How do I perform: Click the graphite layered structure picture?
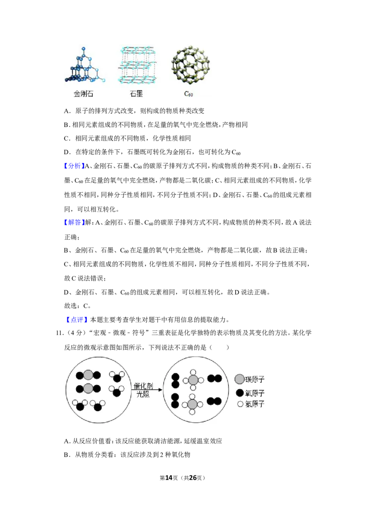pos(137,65)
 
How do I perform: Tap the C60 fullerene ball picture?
pos(190,65)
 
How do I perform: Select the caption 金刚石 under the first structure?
pos(83,94)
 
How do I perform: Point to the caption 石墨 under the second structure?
pos(136,94)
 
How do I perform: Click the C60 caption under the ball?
pos(189,94)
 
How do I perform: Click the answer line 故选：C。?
pos(78,306)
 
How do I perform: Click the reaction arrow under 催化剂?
pos(148,390)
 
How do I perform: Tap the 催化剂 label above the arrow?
pos(143,385)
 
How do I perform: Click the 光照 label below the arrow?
pos(143,394)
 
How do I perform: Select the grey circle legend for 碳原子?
pos(239,379)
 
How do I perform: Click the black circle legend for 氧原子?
pos(240,393)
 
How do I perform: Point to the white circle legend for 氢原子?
pos(240,404)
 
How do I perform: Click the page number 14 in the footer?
pos(169,478)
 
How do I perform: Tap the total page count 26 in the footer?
pos(193,478)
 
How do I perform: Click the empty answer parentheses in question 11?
pos(219,347)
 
